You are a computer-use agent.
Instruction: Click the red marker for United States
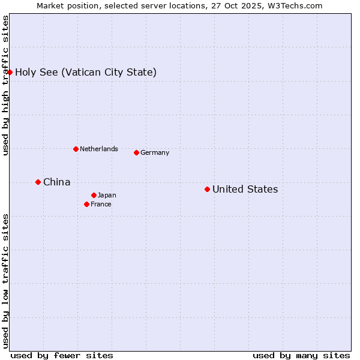tap(207, 190)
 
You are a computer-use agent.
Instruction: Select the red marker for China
tap(38, 182)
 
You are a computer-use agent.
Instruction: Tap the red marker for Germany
tap(136, 152)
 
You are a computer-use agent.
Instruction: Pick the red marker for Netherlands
tap(76, 149)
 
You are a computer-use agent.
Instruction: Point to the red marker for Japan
tap(94, 195)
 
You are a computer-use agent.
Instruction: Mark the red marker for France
tap(86, 204)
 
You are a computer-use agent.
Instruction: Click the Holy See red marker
tap(10, 72)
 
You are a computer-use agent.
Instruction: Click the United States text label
tap(245, 190)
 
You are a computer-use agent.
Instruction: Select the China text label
tap(56, 182)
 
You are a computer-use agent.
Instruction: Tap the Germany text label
tap(155, 152)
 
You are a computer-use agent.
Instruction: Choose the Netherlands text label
tap(98, 149)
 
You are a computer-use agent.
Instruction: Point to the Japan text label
tap(107, 195)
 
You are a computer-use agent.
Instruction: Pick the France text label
tap(101, 204)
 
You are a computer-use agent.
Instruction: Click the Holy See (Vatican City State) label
tap(86, 73)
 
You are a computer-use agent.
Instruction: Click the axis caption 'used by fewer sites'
tap(62, 355)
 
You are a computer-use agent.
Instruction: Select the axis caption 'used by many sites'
tap(301, 355)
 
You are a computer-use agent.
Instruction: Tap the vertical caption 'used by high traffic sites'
tap(5, 85)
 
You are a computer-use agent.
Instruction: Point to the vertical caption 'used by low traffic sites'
tap(5, 280)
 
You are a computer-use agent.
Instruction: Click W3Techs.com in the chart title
tap(295, 5)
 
